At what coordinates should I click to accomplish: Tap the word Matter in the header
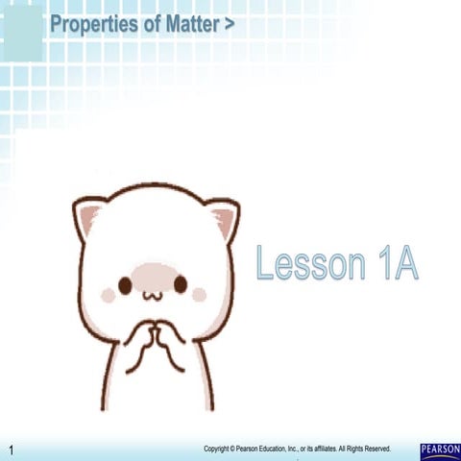(192, 24)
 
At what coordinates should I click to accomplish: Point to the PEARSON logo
(440, 449)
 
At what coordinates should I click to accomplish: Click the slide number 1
(12, 450)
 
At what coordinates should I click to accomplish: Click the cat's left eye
(125, 284)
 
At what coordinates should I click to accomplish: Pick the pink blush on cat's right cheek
(199, 294)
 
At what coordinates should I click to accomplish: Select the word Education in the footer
(285, 448)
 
